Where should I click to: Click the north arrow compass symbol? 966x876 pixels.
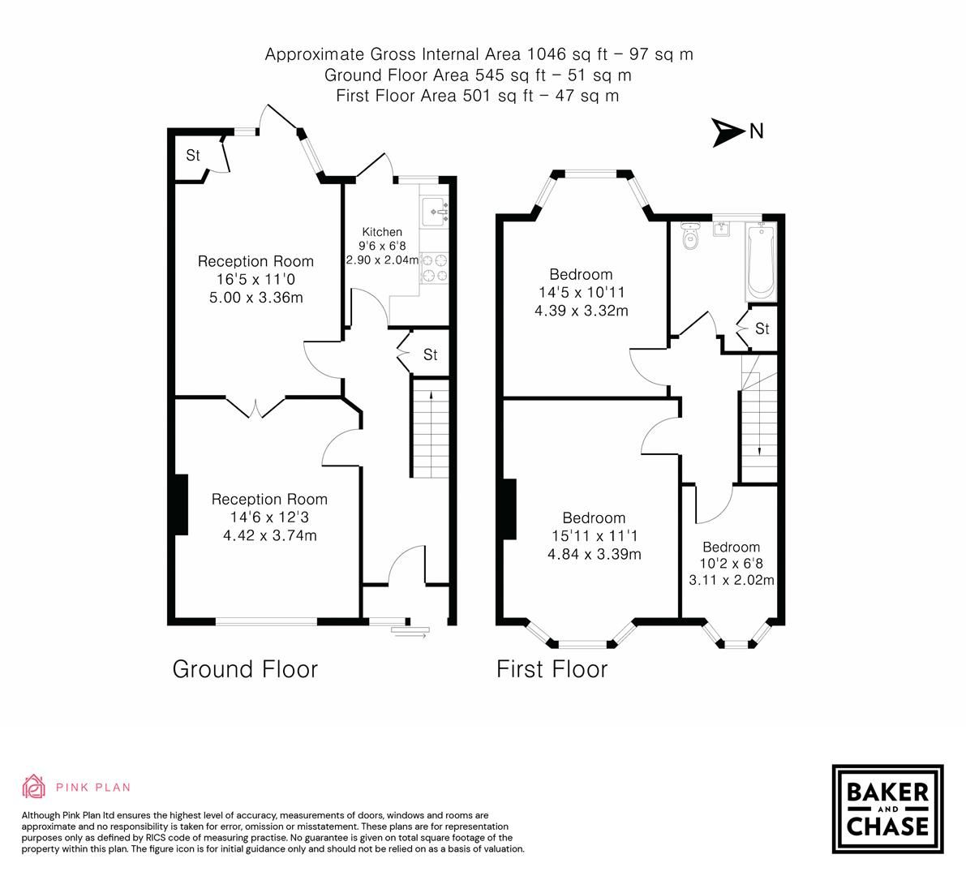point(728,132)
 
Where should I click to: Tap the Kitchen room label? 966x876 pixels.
point(382,231)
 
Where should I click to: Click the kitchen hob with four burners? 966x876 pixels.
point(434,268)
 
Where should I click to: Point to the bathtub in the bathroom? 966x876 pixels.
point(762,263)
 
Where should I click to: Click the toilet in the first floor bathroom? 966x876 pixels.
point(690,236)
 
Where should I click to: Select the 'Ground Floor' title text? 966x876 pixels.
point(245,669)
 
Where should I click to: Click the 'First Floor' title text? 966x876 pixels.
point(552,669)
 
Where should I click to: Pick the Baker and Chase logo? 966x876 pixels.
point(887,809)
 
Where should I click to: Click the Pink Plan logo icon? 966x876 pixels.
point(34,786)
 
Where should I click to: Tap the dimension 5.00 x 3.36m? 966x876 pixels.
point(255,298)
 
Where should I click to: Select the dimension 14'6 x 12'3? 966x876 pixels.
point(269,517)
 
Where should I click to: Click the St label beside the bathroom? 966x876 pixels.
point(762,328)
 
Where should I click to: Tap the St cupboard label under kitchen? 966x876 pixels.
point(430,354)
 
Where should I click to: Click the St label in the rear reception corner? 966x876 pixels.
point(193,155)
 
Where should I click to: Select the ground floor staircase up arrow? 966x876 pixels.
point(429,395)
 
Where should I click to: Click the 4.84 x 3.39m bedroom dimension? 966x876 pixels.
point(594,555)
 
